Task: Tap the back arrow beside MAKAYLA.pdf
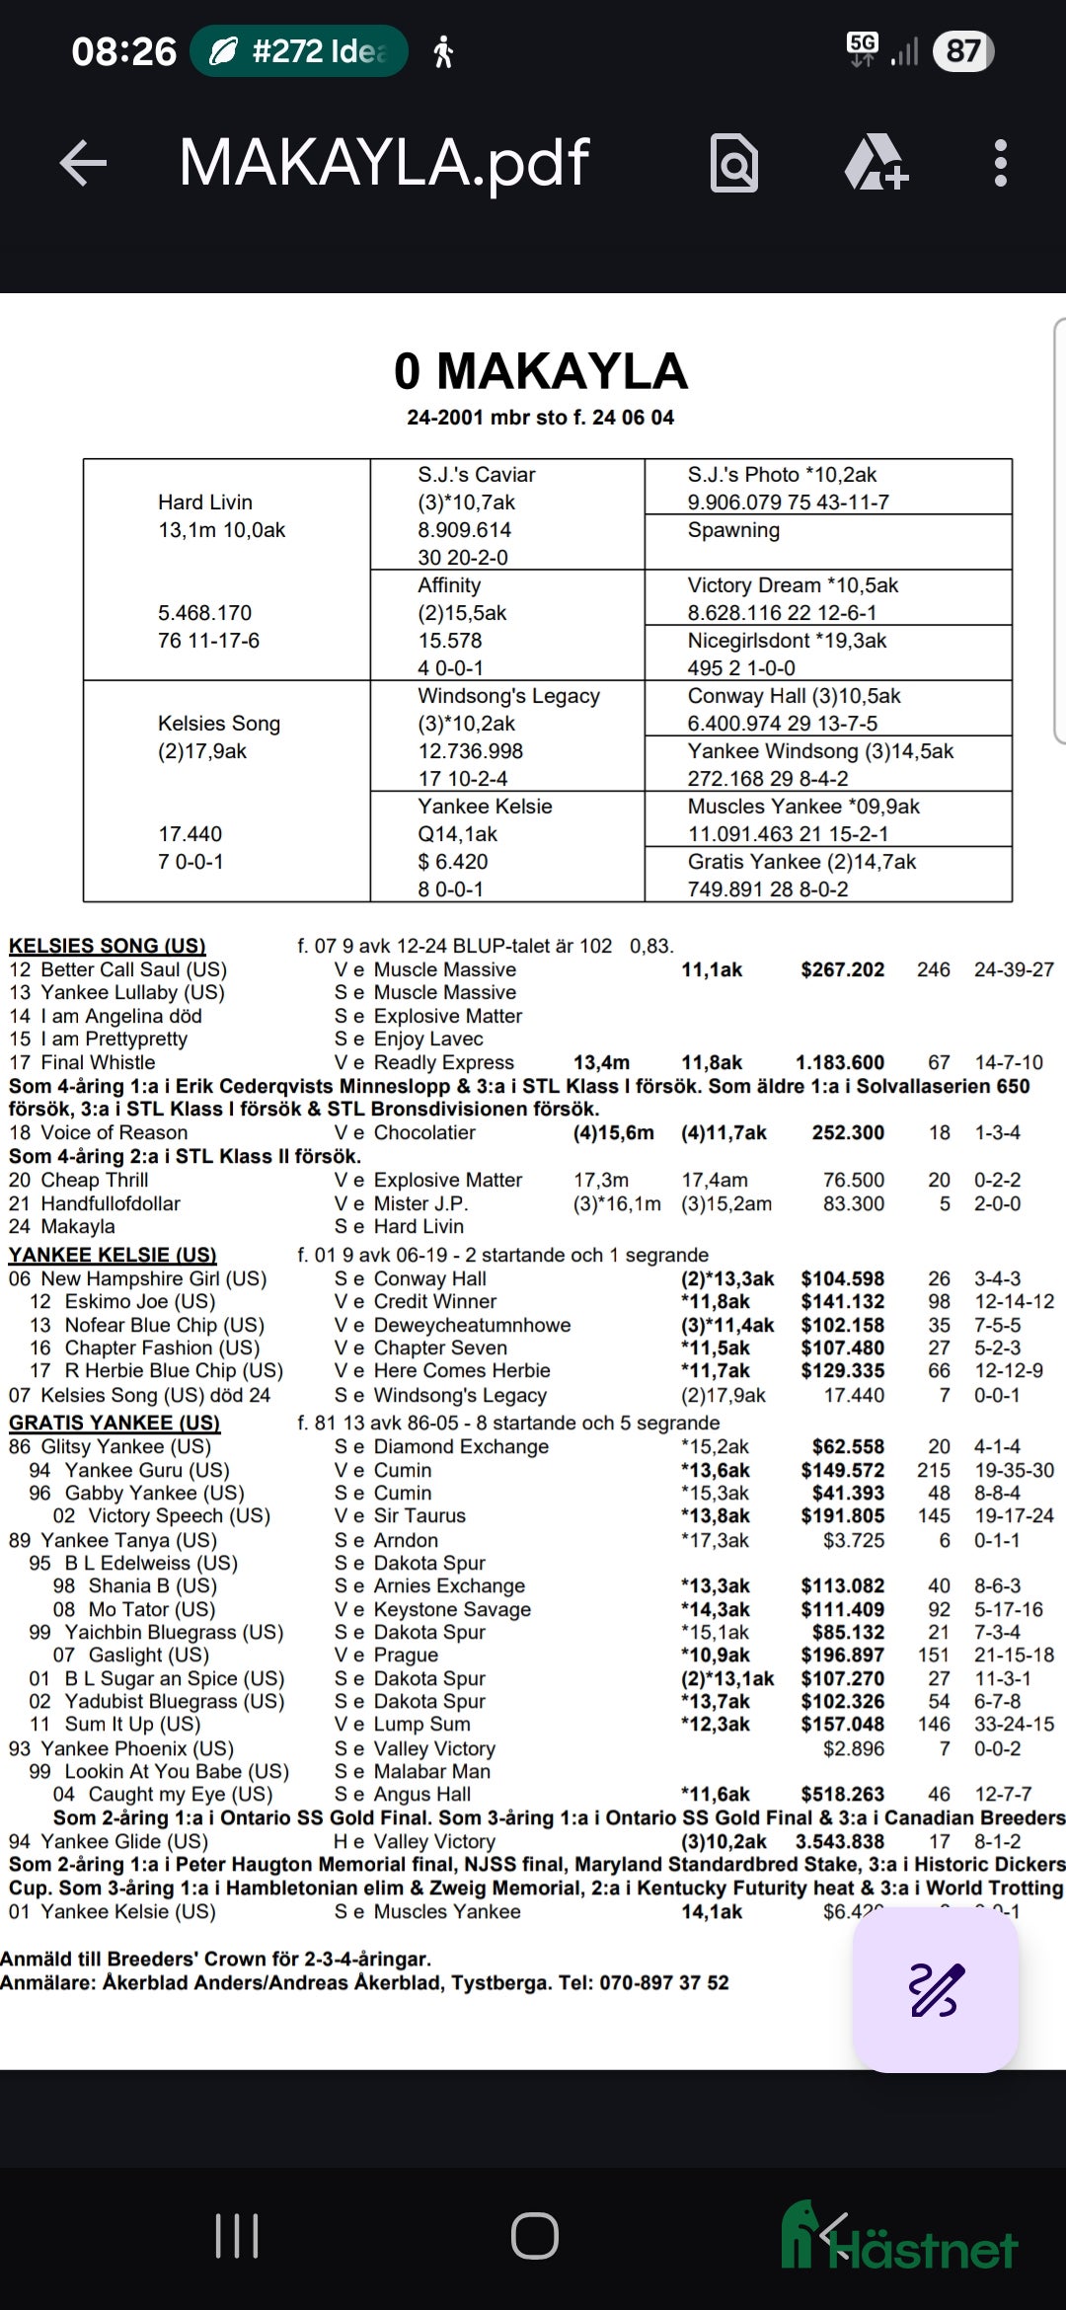(x=83, y=163)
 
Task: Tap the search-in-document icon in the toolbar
(x=734, y=163)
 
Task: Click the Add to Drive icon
(x=876, y=163)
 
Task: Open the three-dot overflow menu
(x=1000, y=163)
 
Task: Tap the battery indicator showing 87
(x=963, y=51)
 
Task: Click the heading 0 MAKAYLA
(x=540, y=372)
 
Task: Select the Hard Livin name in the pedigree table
(x=205, y=502)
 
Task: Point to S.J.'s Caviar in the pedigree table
(x=476, y=475)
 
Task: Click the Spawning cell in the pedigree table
(x=733, y=530)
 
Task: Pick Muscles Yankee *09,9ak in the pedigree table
(x=803, y=807)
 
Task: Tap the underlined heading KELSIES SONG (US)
(x=107, y=946)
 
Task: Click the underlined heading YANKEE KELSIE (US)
(x=113, y=1255)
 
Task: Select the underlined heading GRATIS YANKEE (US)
(x=114, y=1423)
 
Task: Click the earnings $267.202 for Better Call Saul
(x=842, y=969)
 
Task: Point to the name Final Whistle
(x=98, y=1062)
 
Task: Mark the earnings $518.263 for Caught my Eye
(x=842, y=1794)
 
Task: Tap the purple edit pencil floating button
(x=935, y=1989)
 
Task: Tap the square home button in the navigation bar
(x=534, y=2236)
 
